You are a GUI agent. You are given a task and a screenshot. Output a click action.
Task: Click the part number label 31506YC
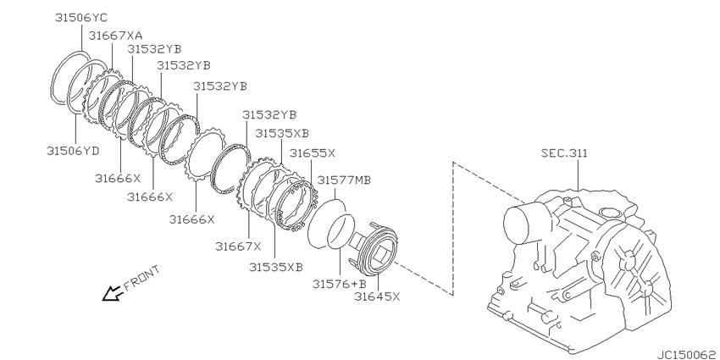coord(80,18)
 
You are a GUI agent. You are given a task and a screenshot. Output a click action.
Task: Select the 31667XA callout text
coord(115,35)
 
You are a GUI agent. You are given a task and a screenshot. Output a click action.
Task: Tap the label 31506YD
coord(73,151)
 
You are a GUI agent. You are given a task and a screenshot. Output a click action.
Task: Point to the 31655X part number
coord(313,153)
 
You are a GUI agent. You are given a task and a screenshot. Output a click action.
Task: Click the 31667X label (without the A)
coord(238,246)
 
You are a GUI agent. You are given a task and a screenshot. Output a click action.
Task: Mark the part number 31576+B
coord(340,284)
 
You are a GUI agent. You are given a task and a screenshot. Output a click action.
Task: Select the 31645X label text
coord(377,296)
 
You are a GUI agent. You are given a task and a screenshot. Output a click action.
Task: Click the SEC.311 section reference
coord(564,153)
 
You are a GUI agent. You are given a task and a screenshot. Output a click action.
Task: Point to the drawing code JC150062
coord(688,355)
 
